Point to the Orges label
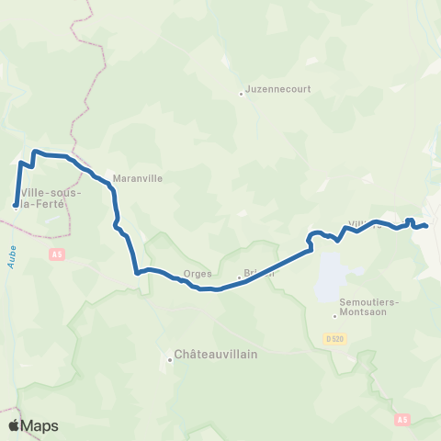(x=198, y=273)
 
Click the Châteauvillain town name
(x=215, y=353)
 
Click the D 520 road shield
(x=337, y=339)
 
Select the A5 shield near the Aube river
(x=57, y=253)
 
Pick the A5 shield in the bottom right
(x=402, y=419)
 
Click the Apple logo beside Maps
(x=15, y=425)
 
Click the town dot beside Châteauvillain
(x=171, y=359)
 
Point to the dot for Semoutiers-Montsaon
(x=335, y=318)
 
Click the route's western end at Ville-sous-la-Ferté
(x=16, y=205)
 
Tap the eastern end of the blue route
(x=426, y=225)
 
